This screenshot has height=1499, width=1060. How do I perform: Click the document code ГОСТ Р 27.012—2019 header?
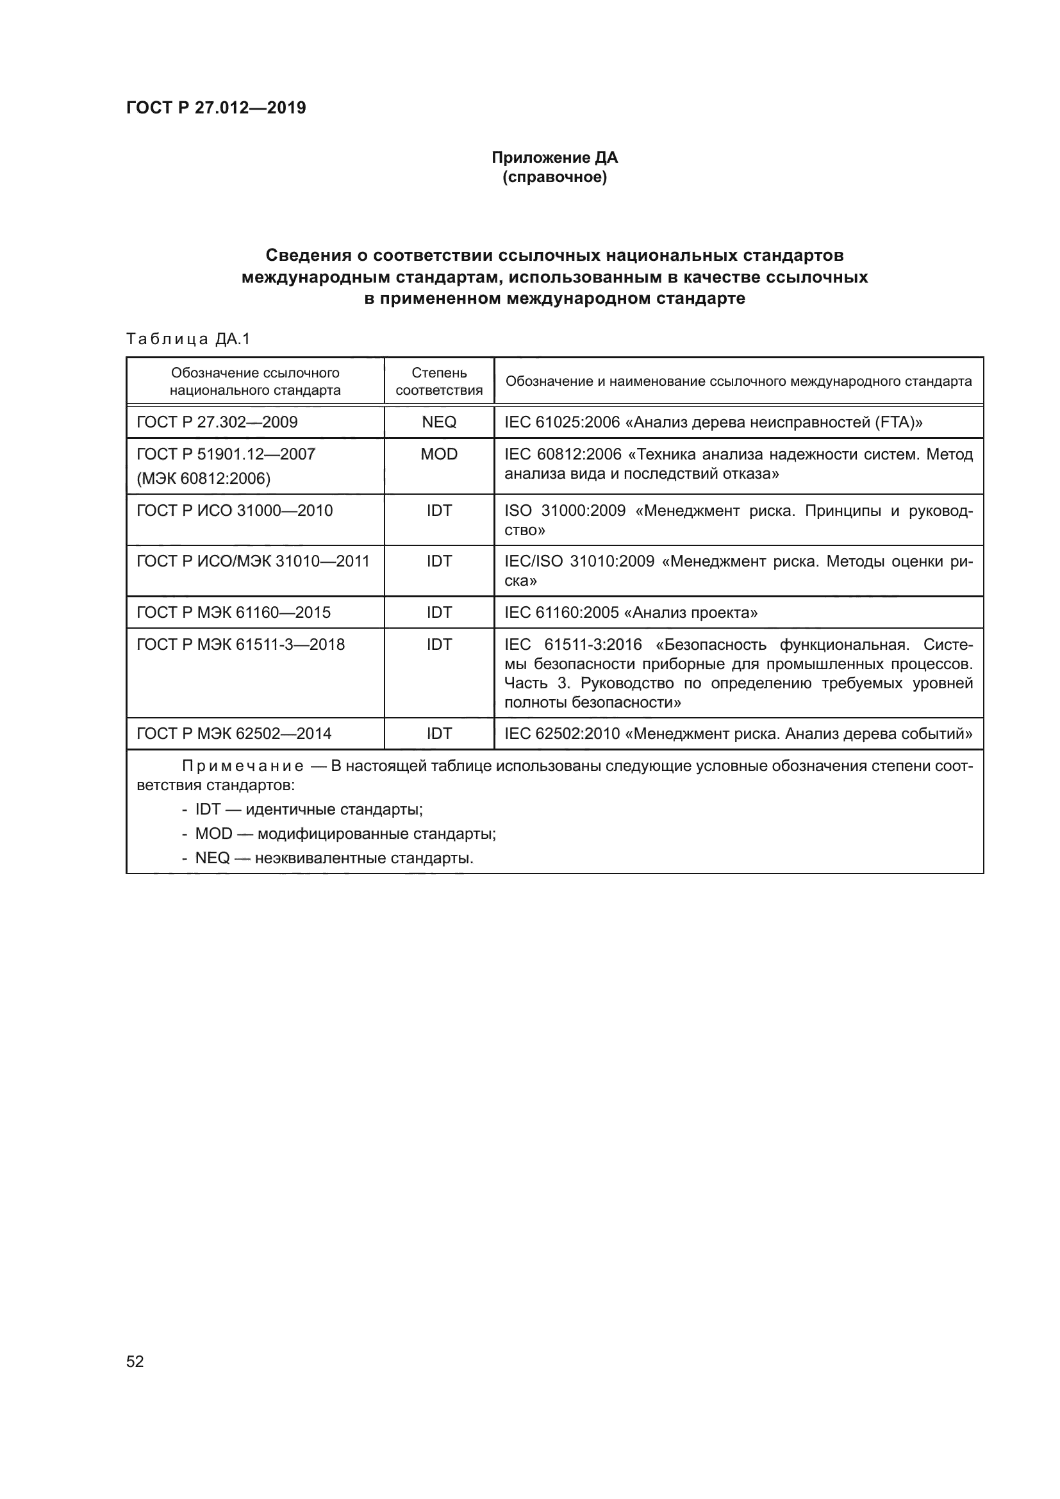(x=216, y=108)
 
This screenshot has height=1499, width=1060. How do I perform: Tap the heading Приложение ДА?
(x=554, y=158)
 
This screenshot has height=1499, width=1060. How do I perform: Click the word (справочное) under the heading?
(x=554, y=177)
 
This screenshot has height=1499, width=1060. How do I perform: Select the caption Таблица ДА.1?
(x=188, y=339)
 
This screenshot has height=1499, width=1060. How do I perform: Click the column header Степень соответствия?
(x=438, y=381)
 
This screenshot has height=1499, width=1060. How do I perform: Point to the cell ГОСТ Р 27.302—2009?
(x=217, y=422)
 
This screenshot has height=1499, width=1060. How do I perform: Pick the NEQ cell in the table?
(x=438, y=422)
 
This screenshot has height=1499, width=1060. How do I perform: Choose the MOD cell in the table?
(x=438, y=454)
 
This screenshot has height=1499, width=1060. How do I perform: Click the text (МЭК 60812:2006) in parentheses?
(x=203, y=479)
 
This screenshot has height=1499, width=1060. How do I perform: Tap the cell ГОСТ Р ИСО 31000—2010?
(x=235, y=511)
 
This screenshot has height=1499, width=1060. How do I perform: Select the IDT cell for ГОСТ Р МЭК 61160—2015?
(x=438, y=613)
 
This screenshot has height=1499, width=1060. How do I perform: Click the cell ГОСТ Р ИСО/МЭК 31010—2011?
(x=253, y=561)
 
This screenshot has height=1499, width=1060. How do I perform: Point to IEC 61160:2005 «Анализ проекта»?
(x=631, y=613)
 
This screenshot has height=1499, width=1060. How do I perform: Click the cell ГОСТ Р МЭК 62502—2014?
(x=234, y=734)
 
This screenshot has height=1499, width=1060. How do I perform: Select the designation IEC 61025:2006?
(x=562, y=422)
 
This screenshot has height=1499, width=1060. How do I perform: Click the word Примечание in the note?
(x=242, y=766)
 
